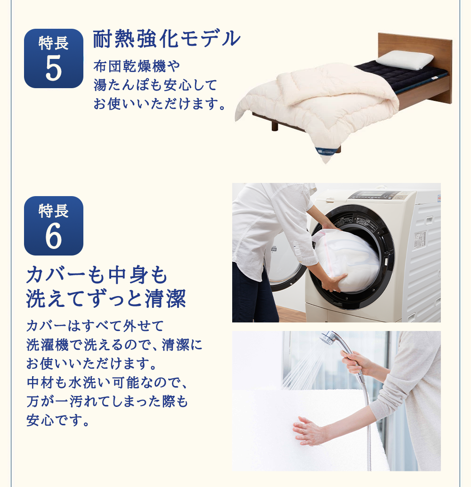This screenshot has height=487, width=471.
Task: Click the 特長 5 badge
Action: point(54,58)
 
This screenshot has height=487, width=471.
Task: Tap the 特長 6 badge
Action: point(54,225)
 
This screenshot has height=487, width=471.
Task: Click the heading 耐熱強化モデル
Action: point(167,39)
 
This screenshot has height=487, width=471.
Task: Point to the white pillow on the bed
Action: point(405,59)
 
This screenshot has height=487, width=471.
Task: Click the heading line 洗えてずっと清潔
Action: point(106,299)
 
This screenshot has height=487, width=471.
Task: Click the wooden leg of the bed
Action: point(274,126)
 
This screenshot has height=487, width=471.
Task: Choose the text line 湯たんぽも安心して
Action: point(155,85)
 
